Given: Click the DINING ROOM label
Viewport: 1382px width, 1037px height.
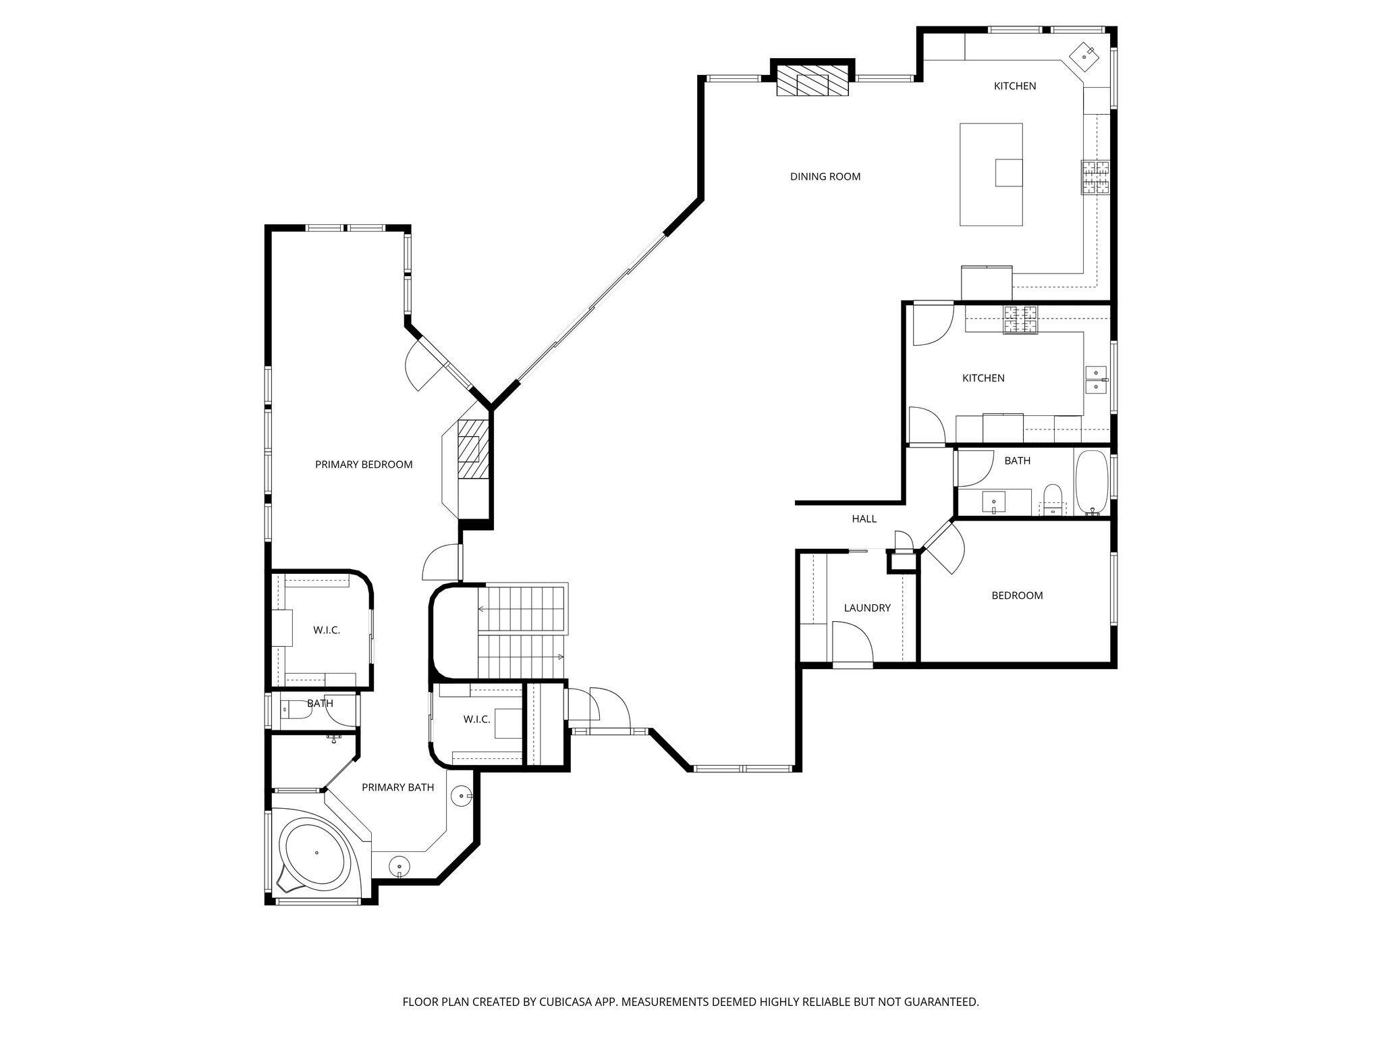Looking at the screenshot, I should tap(825, 177).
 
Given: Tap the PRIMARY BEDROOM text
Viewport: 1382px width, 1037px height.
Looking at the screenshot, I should tap(364, 464).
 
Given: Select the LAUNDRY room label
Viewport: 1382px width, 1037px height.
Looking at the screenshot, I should tap(867, 608).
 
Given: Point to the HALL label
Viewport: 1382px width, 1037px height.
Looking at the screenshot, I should tap(864, 518).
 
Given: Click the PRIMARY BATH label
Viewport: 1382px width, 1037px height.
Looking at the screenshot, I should tap(397, 787).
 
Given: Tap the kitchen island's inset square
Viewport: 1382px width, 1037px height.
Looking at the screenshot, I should tap(1009, 172).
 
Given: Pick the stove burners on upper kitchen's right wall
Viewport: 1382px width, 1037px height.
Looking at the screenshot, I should tap(1095, 178).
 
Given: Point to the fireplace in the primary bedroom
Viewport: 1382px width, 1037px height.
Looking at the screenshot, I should tap(472, 449).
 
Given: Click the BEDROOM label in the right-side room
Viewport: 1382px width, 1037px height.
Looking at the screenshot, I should tap(1016, 595).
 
